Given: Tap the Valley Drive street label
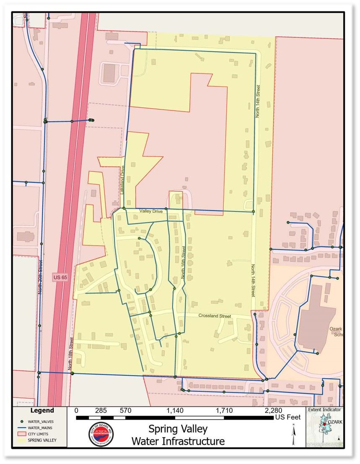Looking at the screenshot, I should click(x=151, y=211).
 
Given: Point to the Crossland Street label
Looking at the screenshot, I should click(x=215, y=316).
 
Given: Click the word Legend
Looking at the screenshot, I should click(x=42, y=411).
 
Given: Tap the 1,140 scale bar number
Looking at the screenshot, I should click(x=174, y=411).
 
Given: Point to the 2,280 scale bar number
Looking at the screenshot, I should click(x=273, y=411).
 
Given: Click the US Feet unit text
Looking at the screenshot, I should click(x=288, y=417).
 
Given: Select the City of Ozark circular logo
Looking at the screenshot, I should click(x=101, y=435).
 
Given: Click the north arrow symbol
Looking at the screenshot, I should click(x=294, y=435).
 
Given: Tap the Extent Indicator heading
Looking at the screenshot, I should click(x=324, y=409).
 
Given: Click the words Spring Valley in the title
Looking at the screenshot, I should click(x=178, y=429).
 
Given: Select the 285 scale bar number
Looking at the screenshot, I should click(x=101, y=411).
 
